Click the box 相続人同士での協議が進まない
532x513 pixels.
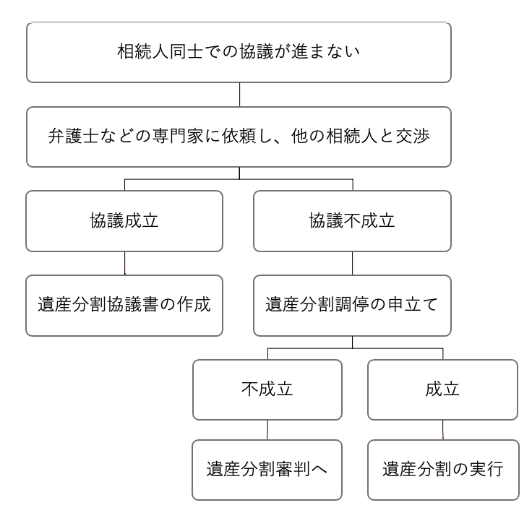pyautogui.click(x=239, y=52)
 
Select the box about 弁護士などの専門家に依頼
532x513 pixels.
pyautogui.click(x=239, y=137)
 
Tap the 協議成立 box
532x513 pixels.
pyautogui.click(x=124, y=221)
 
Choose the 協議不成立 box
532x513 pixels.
pyautogui.click(x=352, y=221)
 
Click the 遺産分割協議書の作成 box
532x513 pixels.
pyautogui.click(x=124, y=306)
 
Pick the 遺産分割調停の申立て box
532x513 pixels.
pyautogui.click(x=352, y=306)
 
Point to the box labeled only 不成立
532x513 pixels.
pyautogui.click(x=267, y=389)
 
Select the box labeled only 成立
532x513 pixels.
pyautogui.click(x=443, y=389)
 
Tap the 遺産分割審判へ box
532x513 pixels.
pyautogui.click(x=267, y=470)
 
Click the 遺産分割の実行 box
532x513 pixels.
pyautogui.click(x=443, y=470)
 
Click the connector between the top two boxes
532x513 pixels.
pyautogui.click(x=239, y=95)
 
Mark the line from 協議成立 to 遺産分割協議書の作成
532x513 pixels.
pyautogui.click(x=124, y=264)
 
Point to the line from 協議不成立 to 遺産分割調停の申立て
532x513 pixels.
pyautogui.click(x=352, y=264)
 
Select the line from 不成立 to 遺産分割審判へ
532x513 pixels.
pyautogui.click(x=267, y=430)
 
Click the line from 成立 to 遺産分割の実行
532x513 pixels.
pyautogui.click(x=443, y=430)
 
